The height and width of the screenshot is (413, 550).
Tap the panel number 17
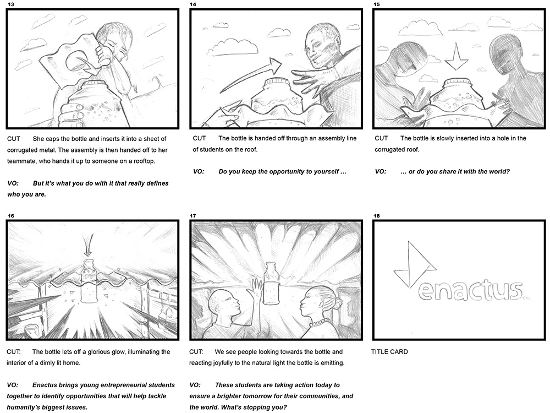click(193, 216)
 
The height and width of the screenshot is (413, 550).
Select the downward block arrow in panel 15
click(457, 56)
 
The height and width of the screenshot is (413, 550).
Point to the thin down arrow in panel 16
click(89, 244)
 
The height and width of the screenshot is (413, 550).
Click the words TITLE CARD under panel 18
click(389, 351)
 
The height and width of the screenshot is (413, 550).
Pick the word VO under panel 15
click(381, 172)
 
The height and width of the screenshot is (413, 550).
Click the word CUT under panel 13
click(14, 139)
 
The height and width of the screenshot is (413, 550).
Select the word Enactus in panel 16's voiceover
click(45, 385)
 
